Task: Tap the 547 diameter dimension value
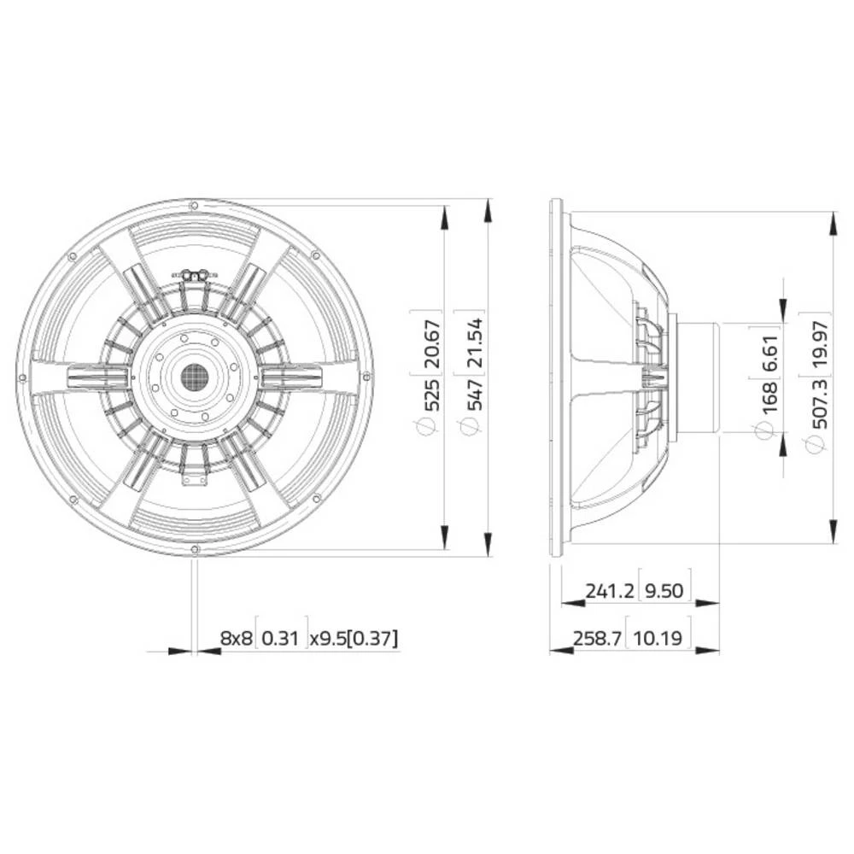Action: pos(474,395)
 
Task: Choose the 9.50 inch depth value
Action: pos(666,590)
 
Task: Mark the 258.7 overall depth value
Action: pos(586,637)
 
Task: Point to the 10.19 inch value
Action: pos(659,637)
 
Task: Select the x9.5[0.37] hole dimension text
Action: pos(354,637)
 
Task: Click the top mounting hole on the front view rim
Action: pos(194,206)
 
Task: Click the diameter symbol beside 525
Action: pos(431,428)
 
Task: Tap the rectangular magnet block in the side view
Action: pos(699,377)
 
